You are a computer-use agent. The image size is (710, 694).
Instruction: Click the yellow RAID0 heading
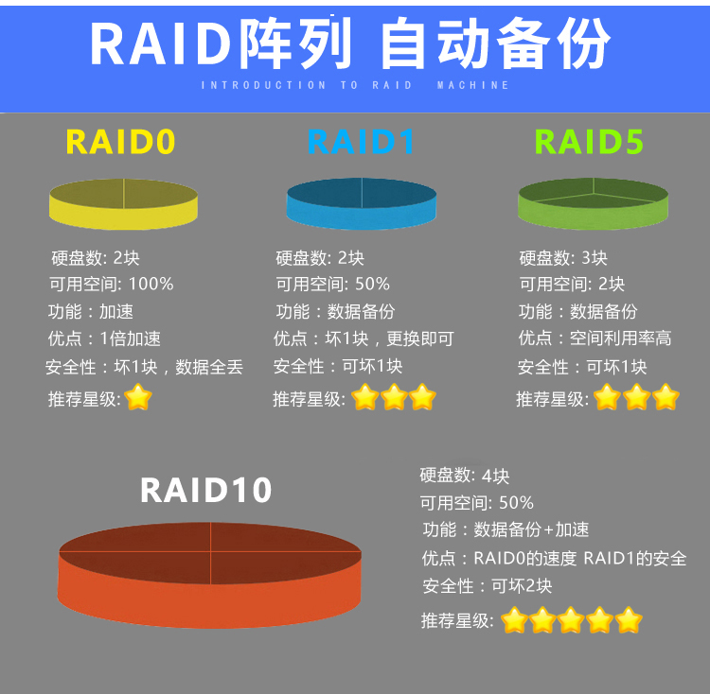click(x=120, y=142)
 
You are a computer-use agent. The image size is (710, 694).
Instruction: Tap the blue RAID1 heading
click(x=361, y=142)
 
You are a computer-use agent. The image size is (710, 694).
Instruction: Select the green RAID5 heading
click(x=589, y=142)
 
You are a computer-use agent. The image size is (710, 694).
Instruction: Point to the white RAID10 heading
click(x=205, y=490)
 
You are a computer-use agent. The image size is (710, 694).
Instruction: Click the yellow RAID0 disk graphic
click(x=123, y=204)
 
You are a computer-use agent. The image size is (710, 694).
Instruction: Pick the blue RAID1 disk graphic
click(x=362, y=203)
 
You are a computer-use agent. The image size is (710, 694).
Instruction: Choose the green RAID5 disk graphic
click(x=593, y=203)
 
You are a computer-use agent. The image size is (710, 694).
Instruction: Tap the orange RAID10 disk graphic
click(x=209, y=575)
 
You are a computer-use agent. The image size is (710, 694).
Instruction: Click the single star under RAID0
click(x=138, y=397)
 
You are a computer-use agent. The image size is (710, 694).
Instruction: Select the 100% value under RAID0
click(x=151, y=284)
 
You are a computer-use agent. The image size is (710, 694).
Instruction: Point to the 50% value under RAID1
click(x=372, y=284)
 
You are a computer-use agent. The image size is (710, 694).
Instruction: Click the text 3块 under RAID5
click(x=595, y=258)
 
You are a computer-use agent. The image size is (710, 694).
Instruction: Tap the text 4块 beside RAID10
click(x=495, y=477)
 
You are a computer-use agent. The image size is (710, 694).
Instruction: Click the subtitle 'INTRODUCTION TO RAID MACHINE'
click(x=355, y=85)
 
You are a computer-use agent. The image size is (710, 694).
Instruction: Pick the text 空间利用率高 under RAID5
click(x=620, y=338)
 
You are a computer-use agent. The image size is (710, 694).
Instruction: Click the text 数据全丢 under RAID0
click(x=209, y=367)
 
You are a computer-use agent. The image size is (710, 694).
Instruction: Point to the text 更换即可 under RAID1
click(x=419, y=338)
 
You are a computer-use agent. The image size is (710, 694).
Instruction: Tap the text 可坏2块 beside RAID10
click(x=522, y=586)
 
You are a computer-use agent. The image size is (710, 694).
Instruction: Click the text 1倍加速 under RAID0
click(x=130, y=338)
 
